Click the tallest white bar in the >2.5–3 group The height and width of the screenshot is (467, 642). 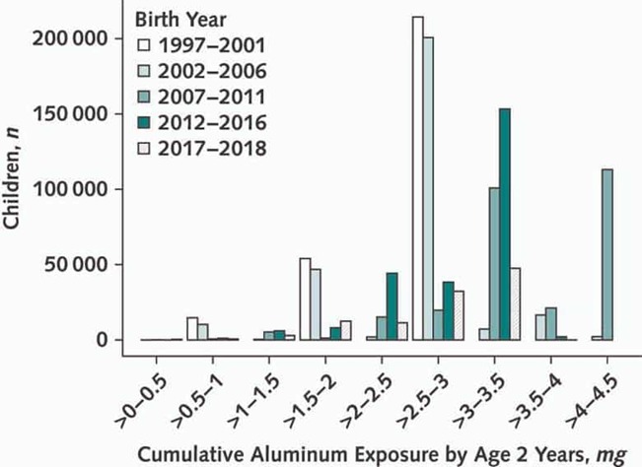click(418, 178)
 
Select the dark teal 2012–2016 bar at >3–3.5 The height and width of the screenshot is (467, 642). click(505, 224)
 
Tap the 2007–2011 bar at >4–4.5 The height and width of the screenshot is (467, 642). click(607, 254)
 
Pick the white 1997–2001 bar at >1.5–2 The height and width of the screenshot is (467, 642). click(305, 299)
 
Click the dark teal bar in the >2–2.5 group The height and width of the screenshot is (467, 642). click(392, 306)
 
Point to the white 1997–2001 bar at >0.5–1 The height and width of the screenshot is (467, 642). click(192, 329)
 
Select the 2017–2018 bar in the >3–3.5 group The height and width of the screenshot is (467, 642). click(515, 303)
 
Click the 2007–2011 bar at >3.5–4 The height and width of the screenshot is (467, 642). click(550, 324)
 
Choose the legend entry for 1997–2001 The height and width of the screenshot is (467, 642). click(201, 45)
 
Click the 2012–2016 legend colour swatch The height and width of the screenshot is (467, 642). click(143, 123)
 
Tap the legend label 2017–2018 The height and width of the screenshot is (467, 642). click(212, 149)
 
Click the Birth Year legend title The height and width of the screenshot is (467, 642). click(180, 20)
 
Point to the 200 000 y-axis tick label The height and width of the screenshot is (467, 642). click(69, 38)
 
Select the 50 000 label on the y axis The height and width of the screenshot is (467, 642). click(75, 265)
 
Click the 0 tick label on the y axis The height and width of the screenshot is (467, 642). click(102, 340)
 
